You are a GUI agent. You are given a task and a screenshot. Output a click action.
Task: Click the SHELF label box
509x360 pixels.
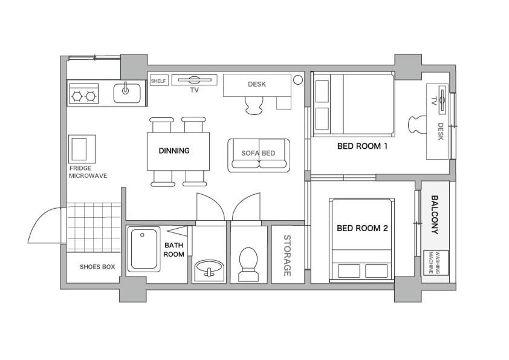(159, 80)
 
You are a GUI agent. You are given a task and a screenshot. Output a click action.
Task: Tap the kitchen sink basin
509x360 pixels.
(127, 93)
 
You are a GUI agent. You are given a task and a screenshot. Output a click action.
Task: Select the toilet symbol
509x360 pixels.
(248, 264)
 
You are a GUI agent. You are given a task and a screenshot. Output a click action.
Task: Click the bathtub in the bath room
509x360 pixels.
(144, 249)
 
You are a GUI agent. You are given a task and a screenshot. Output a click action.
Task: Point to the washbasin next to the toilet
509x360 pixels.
(209, 269)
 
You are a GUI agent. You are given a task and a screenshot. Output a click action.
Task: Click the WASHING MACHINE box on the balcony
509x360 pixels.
(436, 263)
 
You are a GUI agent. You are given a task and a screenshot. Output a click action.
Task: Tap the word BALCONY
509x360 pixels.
(435, 214)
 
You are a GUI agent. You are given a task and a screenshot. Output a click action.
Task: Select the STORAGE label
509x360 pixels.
(287, 255)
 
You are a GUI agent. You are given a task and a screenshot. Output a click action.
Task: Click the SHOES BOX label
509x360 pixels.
(97, 267)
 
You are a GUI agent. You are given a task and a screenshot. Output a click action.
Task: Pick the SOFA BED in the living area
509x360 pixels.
(259, 155)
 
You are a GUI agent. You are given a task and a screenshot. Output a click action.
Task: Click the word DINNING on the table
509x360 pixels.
(174, 151)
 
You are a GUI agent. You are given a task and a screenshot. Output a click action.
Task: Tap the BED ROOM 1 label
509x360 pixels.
(362, 146)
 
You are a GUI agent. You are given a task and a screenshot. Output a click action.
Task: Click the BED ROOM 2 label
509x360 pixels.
(362, 229)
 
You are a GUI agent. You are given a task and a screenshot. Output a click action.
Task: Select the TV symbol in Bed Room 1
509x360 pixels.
(443, 100)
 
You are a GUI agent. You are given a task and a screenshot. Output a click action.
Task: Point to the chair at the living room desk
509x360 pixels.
(253, 105)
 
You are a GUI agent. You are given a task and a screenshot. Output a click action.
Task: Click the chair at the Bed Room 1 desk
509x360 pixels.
(417, 125)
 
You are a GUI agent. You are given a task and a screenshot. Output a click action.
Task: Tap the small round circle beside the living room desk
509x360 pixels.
(297, 80)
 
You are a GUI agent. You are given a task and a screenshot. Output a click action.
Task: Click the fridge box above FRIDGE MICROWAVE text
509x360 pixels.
(82, 149)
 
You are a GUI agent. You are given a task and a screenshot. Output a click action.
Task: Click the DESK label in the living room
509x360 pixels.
(257, 84)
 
